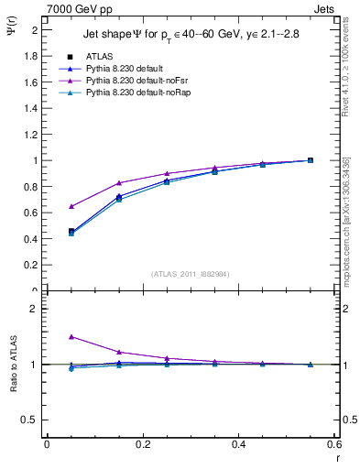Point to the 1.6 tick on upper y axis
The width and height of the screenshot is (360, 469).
(32, 82)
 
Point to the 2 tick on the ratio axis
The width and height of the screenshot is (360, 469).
(34, 309)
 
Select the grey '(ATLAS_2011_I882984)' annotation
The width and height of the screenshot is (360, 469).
(190, 274)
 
